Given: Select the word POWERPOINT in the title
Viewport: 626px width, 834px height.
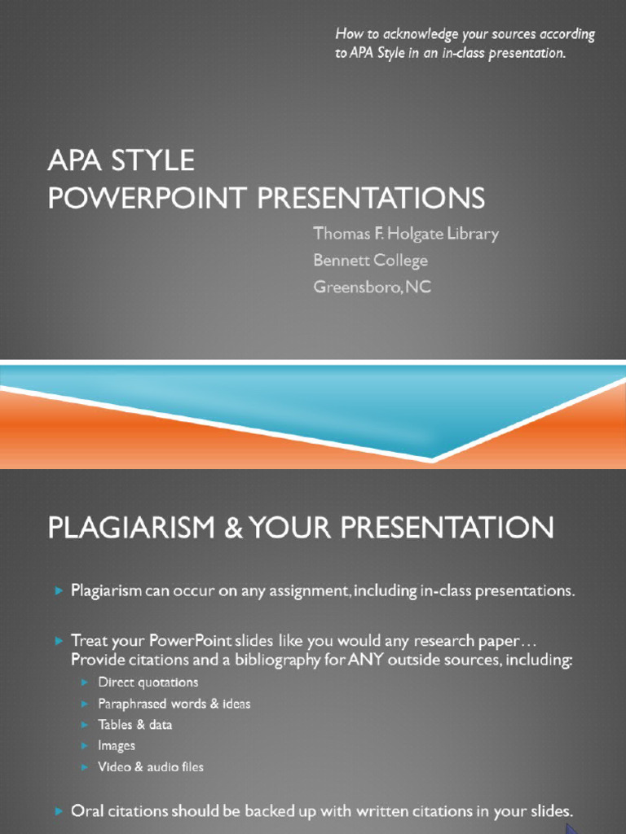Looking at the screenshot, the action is click(148, 198).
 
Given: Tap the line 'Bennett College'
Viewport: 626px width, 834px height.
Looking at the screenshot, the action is click(371, 261).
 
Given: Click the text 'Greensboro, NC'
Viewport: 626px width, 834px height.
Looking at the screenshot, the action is click(372, 287).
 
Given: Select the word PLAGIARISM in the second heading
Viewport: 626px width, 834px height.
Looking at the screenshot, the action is click(131, 528).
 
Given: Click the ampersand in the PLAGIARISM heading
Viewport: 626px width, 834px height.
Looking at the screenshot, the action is click(232, 528).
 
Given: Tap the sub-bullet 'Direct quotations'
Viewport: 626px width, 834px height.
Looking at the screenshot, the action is click(148, 683).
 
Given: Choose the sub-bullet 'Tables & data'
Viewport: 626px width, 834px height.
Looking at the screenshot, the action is click(134, 724).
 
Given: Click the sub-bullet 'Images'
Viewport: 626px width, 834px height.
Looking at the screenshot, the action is click(116, 746).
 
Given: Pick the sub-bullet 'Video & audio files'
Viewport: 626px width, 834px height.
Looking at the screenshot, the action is click(151, 767).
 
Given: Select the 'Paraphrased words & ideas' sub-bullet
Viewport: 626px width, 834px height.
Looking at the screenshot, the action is click(174, 704).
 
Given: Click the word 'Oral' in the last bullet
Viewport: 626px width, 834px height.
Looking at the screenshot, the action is click(87, 812).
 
